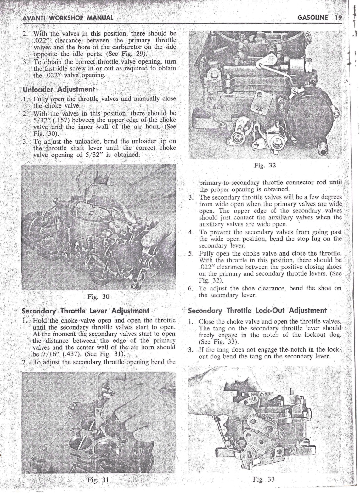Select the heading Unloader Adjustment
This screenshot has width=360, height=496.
[59, 89]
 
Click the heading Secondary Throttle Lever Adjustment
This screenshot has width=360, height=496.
[85, 311]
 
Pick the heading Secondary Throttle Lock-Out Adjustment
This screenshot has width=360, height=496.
[257, 310]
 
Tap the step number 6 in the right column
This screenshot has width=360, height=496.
[190, 289]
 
